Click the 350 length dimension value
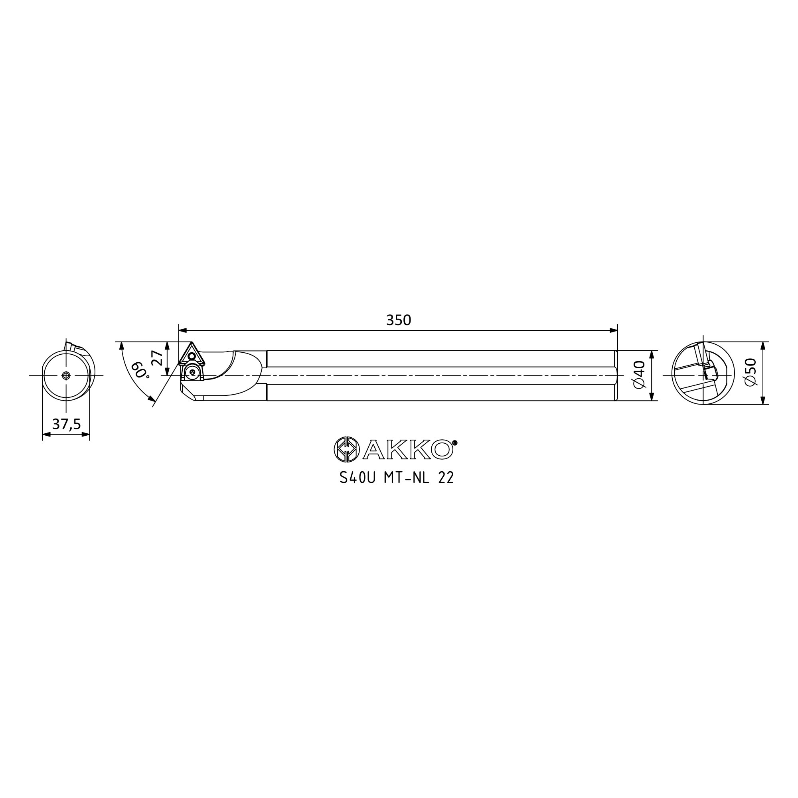coord(399,320)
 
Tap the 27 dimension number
coord(157,358)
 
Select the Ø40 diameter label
coord(639,375)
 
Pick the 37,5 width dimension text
coord(67,424)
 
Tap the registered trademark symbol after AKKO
coord(455,443)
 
